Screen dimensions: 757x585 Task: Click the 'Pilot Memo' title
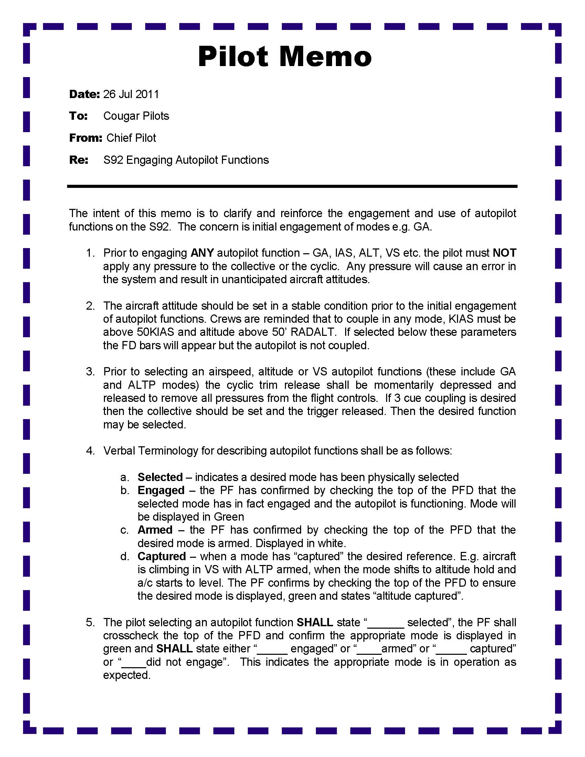coord(285,56)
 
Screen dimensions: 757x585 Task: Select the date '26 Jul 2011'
coord(131,94)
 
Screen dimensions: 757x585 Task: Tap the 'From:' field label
coord(85,138)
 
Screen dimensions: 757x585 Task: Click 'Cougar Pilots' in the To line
coord(136,116)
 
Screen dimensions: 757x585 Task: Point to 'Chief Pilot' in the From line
coord(131,138)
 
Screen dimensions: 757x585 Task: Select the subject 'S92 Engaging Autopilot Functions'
coord(186,160)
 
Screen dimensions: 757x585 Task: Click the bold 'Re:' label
coord(79,160)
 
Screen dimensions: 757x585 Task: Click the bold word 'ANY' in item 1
coord(202,253)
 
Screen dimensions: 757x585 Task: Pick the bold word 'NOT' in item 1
coord(504,253)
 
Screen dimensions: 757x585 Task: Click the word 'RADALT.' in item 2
coord(313,332)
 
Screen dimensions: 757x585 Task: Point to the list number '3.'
coord(91,372)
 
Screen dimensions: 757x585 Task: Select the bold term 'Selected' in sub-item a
coord(160,477)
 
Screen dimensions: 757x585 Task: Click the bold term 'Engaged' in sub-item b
coord(161,490)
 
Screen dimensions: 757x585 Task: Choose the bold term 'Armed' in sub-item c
coord(155,530)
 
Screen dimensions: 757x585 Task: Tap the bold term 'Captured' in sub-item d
coord(162,556)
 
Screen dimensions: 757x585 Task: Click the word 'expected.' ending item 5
coord(127,675)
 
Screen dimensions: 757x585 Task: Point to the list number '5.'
coord(91,622)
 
